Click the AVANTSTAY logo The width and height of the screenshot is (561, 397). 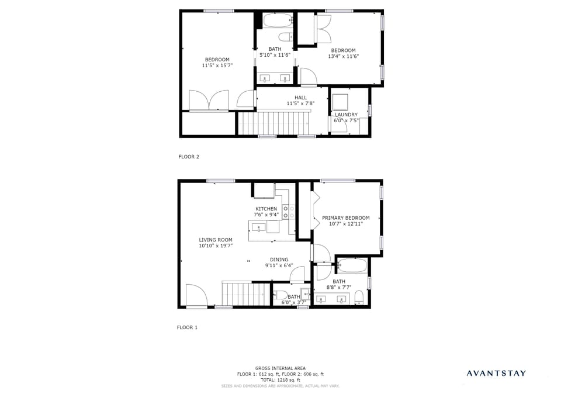tap(496, 373)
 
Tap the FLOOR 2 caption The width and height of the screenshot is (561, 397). tap(189, 157)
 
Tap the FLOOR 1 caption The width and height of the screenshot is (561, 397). tap(188, 327)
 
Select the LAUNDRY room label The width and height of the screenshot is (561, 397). tap(346, 115)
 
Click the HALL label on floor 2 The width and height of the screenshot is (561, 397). tap(300, 98)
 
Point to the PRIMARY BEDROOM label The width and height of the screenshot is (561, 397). tap(346, 218)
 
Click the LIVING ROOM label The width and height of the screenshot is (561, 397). tap(216, 240)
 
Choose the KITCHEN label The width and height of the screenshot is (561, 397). tap(266, 209)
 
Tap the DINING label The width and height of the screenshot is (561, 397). tap(279, 260)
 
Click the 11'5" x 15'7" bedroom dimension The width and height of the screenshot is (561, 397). tap(217, 65)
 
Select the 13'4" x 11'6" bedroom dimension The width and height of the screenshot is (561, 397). tap(343, 57)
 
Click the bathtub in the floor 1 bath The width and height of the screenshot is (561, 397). tap(352, 266)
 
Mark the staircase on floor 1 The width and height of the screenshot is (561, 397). tap(245, 294)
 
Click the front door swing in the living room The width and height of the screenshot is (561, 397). tap(196, 295)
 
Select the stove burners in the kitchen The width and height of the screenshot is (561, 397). tap(287, 211)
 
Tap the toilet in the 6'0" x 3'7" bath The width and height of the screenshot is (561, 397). tap(279, 295)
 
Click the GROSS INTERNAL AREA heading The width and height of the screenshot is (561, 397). tap(280, 368)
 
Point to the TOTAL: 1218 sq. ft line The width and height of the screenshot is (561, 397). tap(280, 380)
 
